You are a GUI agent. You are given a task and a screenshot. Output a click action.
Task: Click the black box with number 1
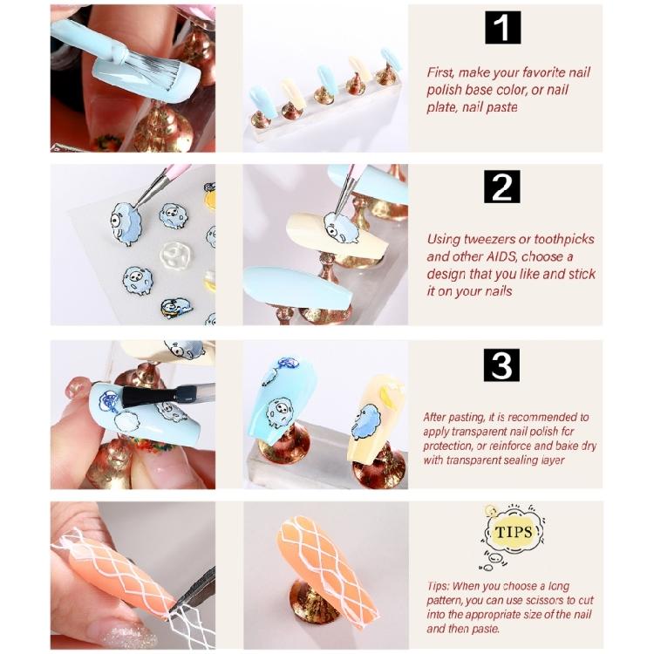point(502,28)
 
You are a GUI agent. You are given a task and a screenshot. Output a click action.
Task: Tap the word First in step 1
point(441,72)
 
